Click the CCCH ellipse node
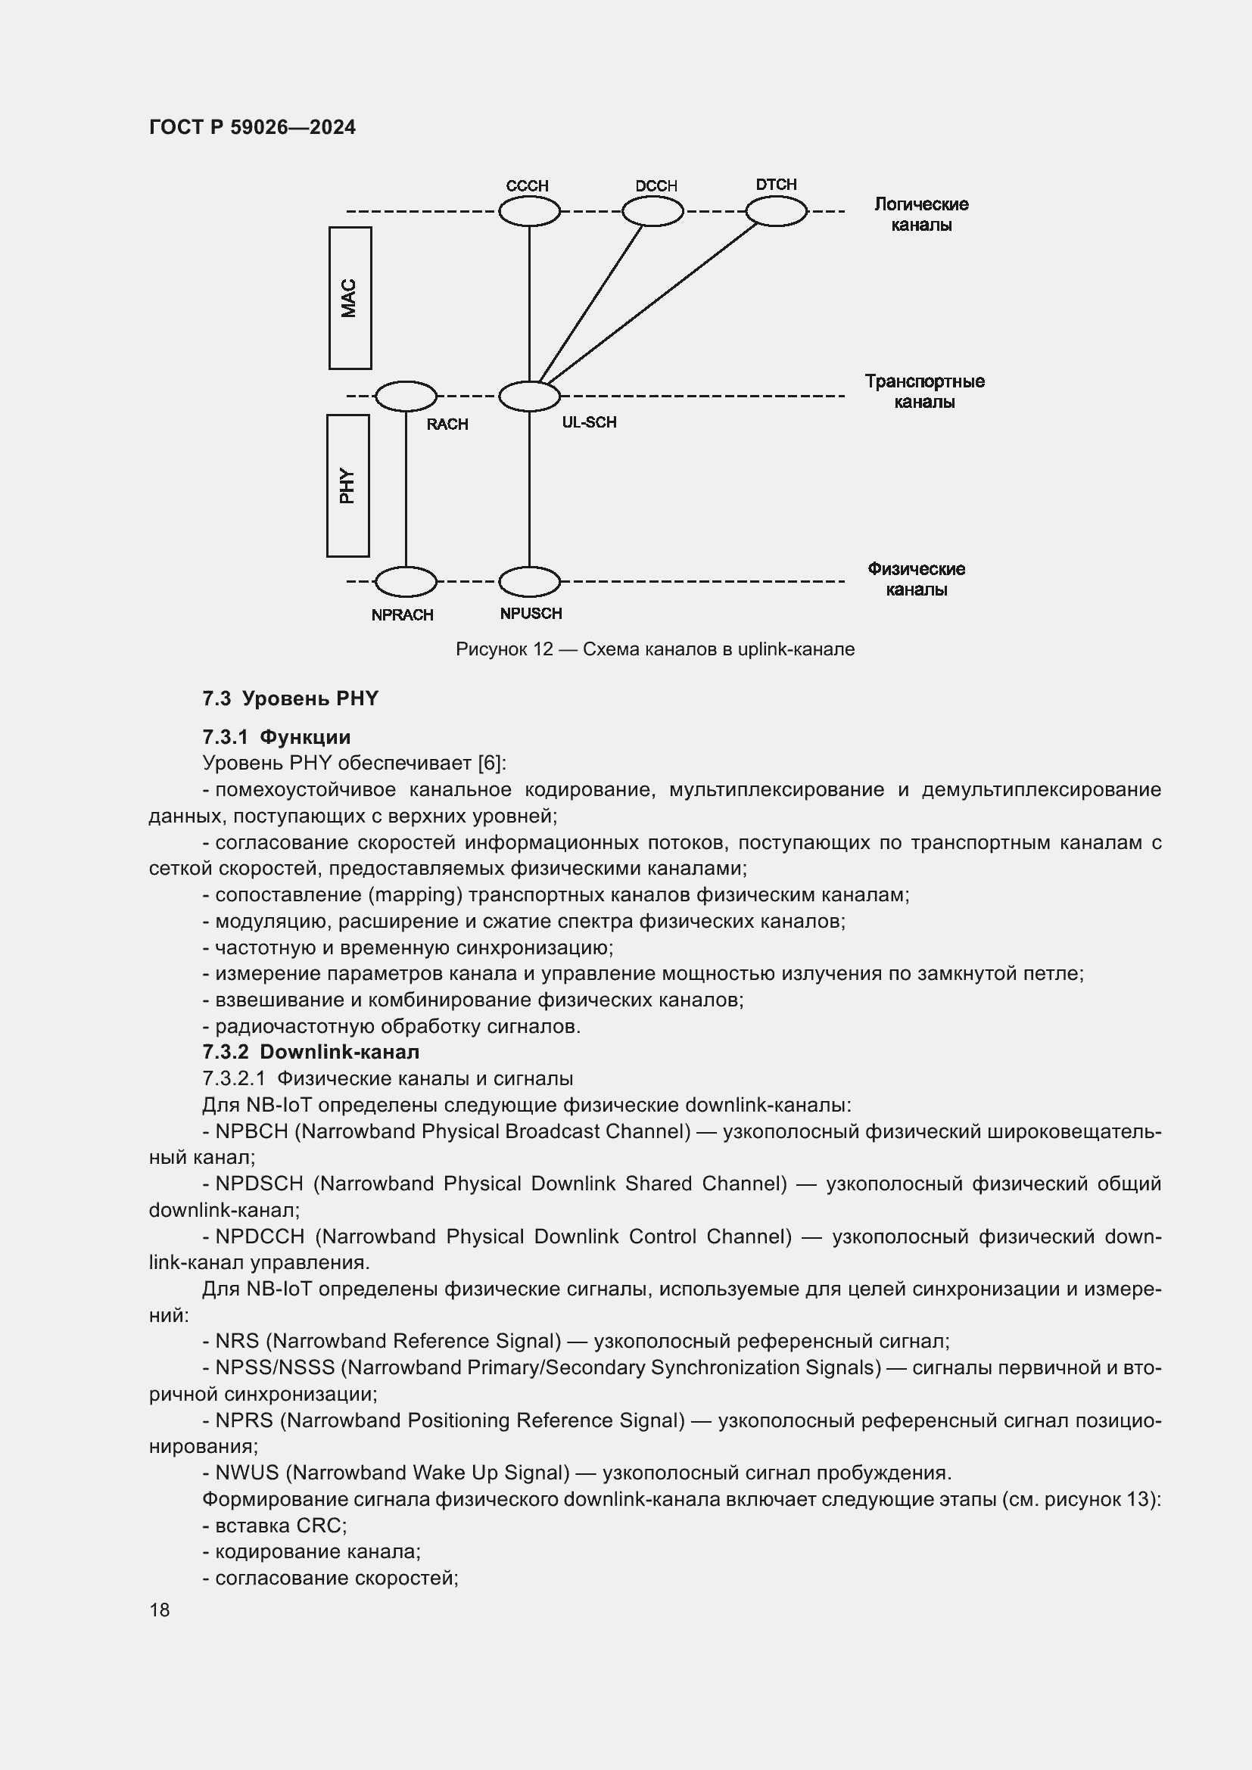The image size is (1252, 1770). pyautogui.click(x=529, y=211)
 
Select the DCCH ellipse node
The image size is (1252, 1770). pyautogui.click(x=652, y=211)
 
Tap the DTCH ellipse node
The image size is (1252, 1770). pyautogui.click(x=776, y=211)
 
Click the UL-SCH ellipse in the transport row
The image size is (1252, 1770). pyautogui.click(x=529, y=397)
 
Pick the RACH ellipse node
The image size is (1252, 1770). pyautogui.click(x=406, y=397)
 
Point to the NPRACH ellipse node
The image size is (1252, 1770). pyautogui.click(x=406, y=581)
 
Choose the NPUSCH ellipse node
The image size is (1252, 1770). pyautogui.click(x=529, y=581)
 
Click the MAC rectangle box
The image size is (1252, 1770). pyautogui.click(x=350, y=297)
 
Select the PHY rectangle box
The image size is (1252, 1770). pyautogui.click(x=347, y=486)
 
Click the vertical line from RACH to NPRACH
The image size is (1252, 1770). pyautogui.click(x=406, y=490)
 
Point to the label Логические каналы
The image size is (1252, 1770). pyautogui.click(x=920, y=214)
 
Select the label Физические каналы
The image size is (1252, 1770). pyautogui.click(x=916, y=579)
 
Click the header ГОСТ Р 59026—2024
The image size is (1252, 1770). pyautogui.click(x=252, y=127)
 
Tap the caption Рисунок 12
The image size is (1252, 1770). pyautogui.click(x=504, y=649)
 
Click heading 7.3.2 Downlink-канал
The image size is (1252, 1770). pyautogui.click(x=310, y=1052)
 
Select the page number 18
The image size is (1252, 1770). pyautogui.click(x=160, y=1610)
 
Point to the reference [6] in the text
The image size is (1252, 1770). pyautogui.click(x=491, y=764)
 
